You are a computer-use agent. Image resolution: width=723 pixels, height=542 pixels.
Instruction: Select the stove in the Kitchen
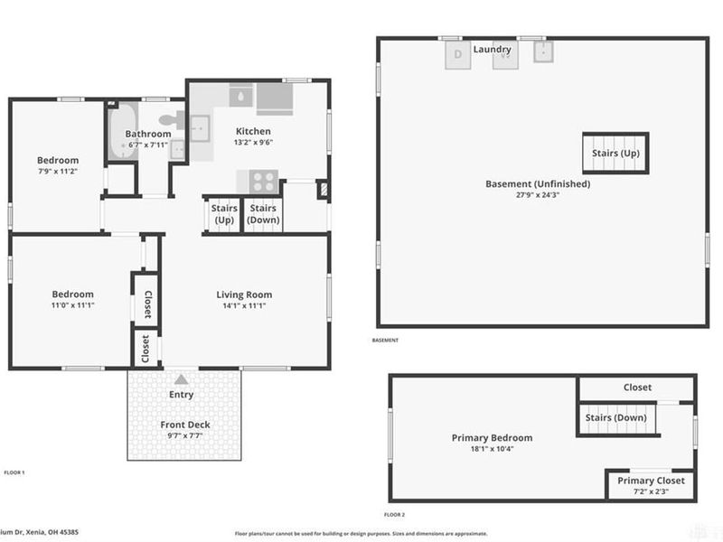pos(262,180)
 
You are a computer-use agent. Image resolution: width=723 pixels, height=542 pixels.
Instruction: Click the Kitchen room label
pos(253,131)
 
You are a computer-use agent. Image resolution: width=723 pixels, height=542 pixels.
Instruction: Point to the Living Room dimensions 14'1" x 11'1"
pos(244,306)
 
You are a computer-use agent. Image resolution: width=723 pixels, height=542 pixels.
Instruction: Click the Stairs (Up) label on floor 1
pos(223,214)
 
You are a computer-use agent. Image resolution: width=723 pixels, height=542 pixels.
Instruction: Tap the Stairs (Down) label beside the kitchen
pos(263,214)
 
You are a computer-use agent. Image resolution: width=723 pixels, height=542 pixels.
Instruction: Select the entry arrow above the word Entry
pos(182,380)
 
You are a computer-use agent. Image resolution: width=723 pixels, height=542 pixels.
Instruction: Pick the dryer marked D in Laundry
pos(458,55)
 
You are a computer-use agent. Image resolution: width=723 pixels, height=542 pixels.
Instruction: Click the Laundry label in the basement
pos(493,49)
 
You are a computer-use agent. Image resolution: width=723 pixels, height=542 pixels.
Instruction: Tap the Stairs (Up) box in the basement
pos(615,153)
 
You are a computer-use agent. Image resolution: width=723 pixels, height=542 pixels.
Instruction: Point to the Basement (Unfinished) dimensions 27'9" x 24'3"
pos(538,195)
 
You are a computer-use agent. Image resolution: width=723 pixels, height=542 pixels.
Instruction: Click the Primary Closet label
pos(651,481)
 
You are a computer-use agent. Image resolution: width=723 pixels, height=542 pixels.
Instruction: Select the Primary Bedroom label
pos(492,438)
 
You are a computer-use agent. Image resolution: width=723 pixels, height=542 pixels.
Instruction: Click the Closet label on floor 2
pos(637,387)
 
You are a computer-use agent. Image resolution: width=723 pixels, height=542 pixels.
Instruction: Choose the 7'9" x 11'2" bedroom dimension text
pos(58,172)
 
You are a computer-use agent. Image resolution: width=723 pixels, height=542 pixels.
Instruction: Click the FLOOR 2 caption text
pos(393,514)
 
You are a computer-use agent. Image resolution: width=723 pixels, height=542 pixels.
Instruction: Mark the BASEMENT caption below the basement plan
pos(385,341)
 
